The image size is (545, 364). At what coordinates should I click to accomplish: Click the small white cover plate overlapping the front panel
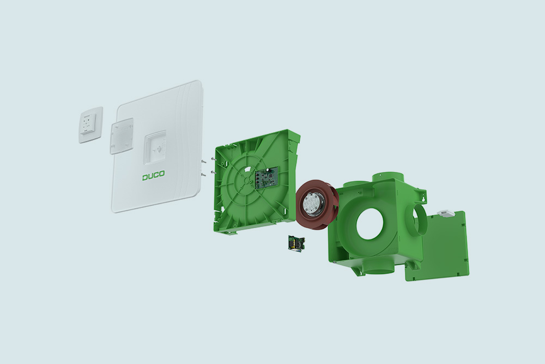point(122,136)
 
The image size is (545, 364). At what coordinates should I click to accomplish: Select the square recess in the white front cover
point(155,148)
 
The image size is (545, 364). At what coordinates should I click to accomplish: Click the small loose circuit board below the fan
point(296,242)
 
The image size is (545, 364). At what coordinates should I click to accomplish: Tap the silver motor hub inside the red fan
point(311,202)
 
